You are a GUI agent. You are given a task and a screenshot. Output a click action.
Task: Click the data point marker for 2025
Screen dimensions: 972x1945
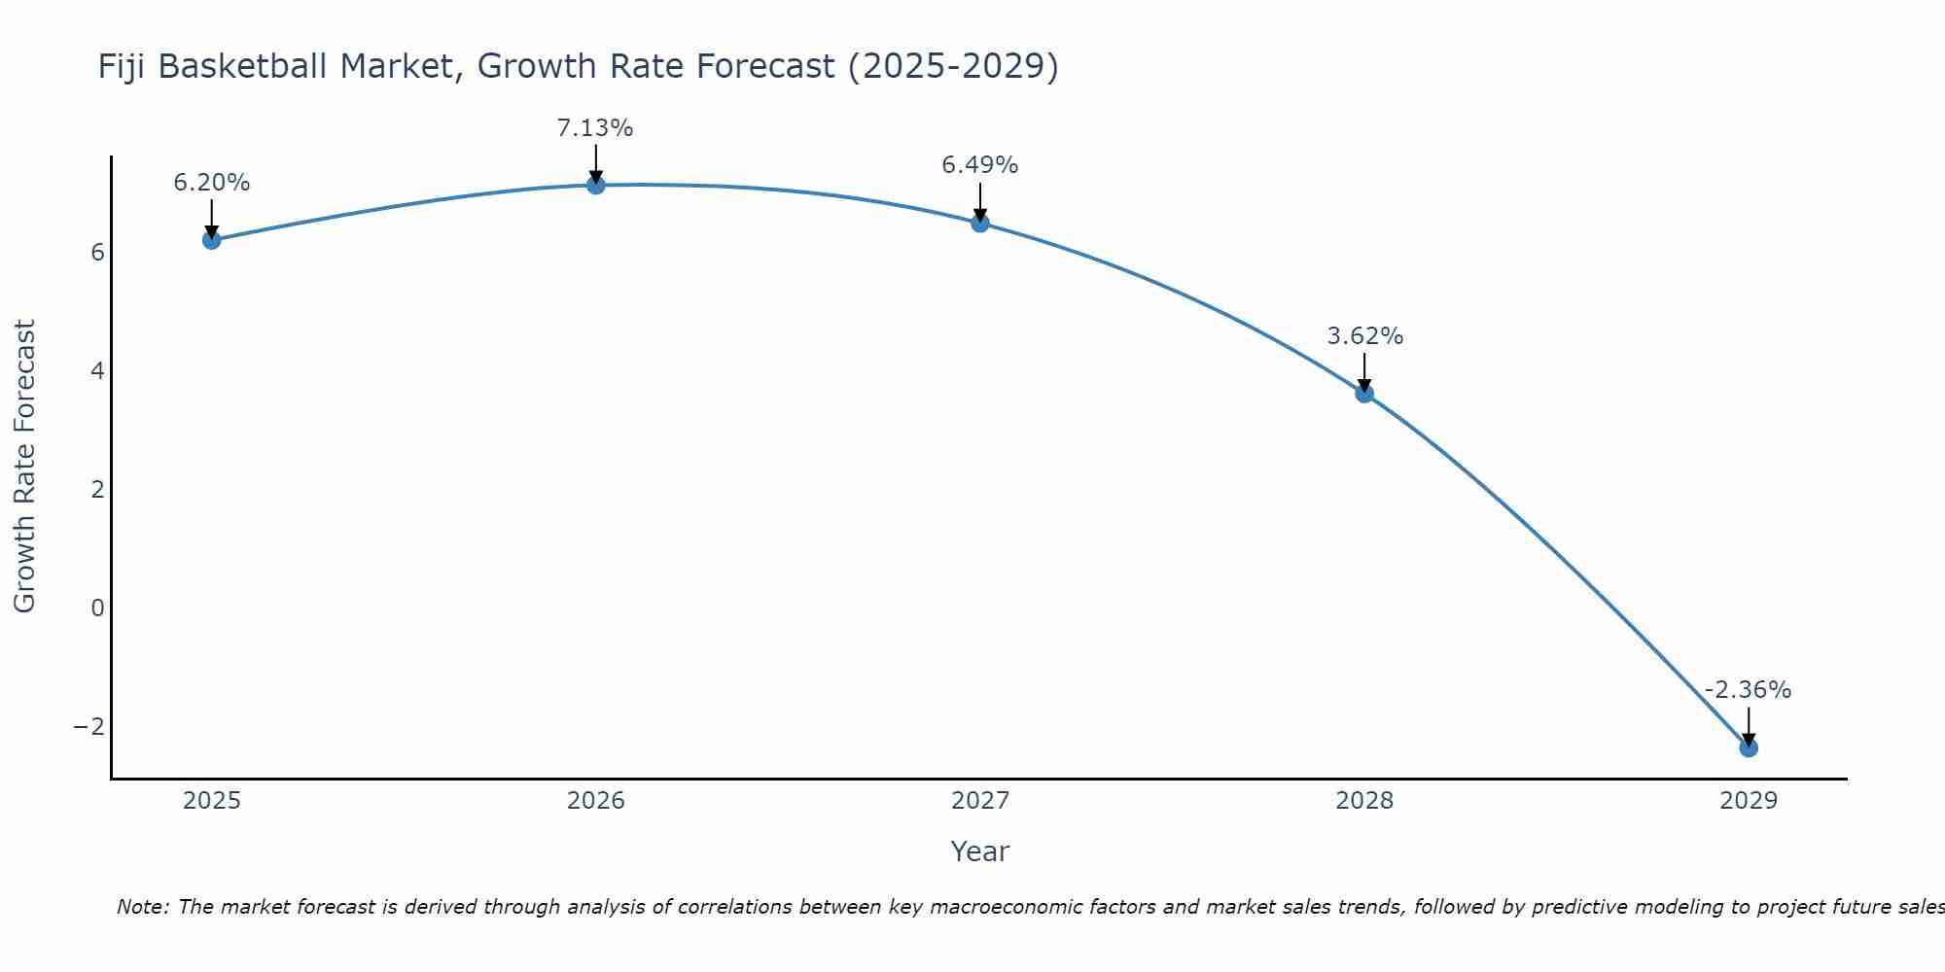tap(212, 240)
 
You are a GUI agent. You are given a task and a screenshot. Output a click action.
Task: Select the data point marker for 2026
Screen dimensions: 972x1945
tap(596, 185)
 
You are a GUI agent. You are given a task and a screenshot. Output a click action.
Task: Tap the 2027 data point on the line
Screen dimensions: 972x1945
tap(980, 223)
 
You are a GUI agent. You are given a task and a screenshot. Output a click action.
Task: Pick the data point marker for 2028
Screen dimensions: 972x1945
tap(1364, 394)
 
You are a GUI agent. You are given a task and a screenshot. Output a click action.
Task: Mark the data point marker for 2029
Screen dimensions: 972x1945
tap(1749, 747)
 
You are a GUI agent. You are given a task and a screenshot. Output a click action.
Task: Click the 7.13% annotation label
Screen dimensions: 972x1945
tap(595, 128)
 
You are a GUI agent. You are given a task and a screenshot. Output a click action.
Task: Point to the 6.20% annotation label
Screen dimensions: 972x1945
tap(212, 183)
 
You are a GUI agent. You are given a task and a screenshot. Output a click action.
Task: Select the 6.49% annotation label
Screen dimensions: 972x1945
tap(980, 165)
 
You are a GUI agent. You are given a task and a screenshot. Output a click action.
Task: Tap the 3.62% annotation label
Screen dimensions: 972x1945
tap(1365, 336)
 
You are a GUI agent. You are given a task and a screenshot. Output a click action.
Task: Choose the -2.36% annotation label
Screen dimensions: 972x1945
tap(1748, 690)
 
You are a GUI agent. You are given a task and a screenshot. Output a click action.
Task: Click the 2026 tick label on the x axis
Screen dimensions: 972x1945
tap(596, 801)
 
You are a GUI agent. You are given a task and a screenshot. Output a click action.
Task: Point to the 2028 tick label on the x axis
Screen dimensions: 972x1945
tap(1364, 801)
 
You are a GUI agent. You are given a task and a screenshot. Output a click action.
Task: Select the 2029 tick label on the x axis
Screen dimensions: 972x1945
tap(1749, 801)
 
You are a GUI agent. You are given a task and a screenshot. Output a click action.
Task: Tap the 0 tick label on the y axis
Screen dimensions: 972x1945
tap(97, 608)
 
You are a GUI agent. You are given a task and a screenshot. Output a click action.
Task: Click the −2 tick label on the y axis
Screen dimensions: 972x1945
tap(88, 727)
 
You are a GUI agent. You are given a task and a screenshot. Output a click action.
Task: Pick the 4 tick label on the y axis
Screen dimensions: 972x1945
tap(97, 371)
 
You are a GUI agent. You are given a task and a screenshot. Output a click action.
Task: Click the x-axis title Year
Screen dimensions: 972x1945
tap(980, 851)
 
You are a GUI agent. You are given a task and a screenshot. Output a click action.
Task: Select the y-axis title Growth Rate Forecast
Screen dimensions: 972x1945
tap(24, 467)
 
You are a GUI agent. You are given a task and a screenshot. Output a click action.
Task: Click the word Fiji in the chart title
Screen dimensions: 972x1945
tap(123, 67)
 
